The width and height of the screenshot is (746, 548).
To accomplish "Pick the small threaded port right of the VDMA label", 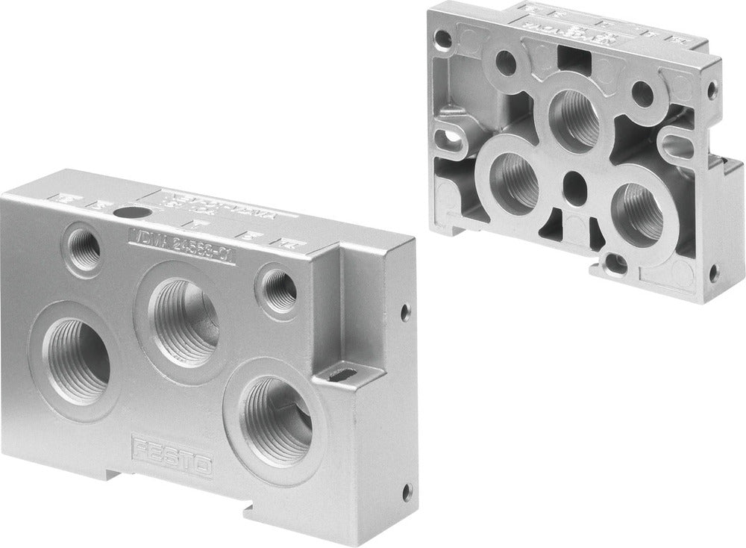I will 280,289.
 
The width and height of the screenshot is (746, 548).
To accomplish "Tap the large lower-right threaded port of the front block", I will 277,419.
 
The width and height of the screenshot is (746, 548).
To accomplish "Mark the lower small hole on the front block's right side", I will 406,492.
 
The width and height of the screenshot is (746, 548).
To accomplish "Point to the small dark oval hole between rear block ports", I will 574,181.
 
